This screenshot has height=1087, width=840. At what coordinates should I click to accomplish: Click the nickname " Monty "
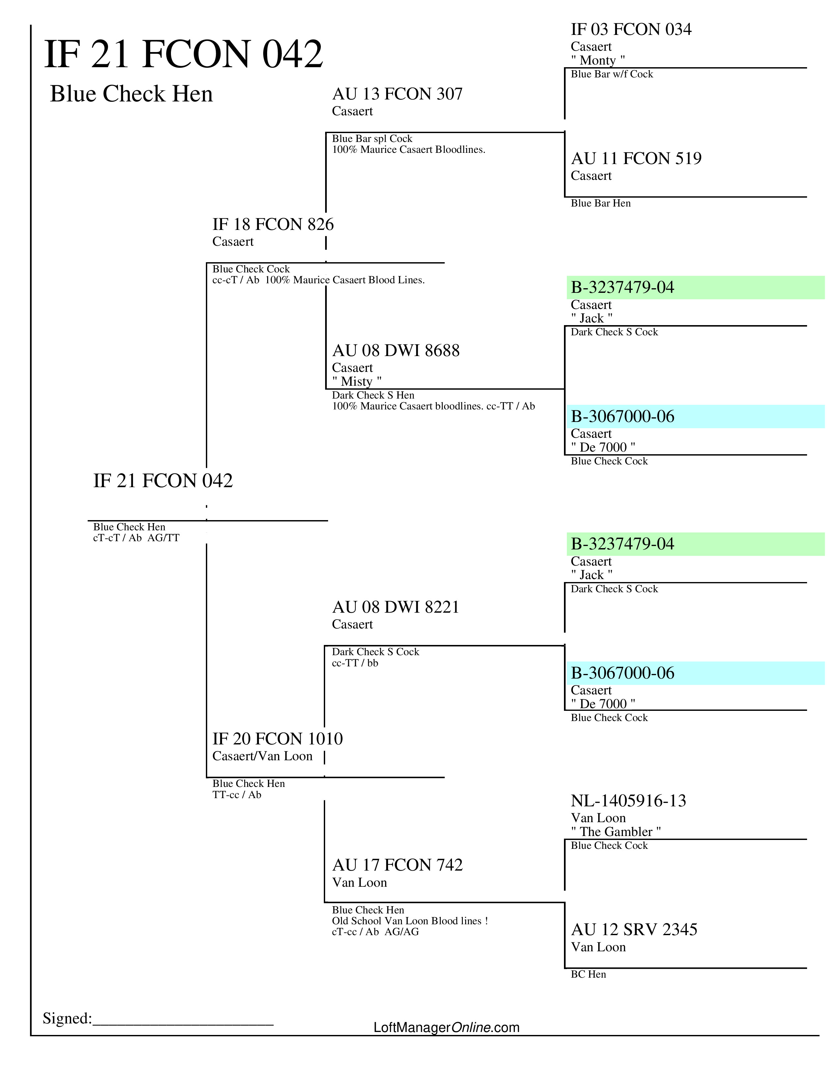[598, 60]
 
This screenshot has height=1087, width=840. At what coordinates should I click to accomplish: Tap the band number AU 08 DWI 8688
[396, 350]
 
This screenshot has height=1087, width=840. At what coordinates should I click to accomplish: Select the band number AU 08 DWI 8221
[396, 607]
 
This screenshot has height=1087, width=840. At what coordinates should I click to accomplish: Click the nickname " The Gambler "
[616, 832]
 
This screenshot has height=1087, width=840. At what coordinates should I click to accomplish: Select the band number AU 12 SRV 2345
[634, 930]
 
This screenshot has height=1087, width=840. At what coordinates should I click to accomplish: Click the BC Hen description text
[588, 975]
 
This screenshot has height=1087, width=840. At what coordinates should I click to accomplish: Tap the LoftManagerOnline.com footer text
[446, 1027]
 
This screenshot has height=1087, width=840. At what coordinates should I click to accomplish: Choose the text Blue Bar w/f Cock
[612, 74]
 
